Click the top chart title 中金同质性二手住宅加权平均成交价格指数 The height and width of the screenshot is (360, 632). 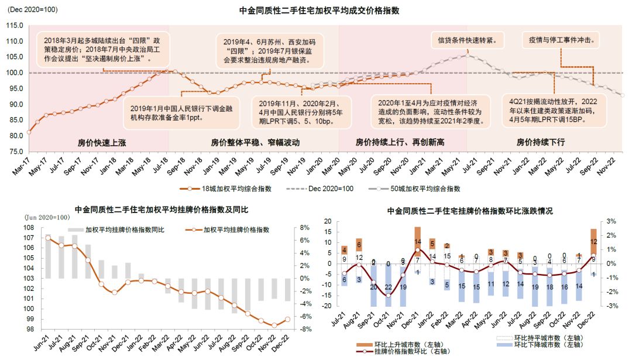click(319, 11)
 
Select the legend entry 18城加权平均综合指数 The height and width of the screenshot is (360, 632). click(223, 188)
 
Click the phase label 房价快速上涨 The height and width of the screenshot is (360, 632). click(98, 142)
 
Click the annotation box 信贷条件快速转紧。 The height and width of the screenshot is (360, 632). click(469, 41)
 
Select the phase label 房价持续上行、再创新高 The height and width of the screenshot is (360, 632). click(400, 142)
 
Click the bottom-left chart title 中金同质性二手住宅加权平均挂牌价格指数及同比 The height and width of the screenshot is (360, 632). click(162, 210)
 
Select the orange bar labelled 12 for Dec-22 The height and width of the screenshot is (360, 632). click(593, 241)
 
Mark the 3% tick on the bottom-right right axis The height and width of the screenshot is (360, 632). click(612, 221)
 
